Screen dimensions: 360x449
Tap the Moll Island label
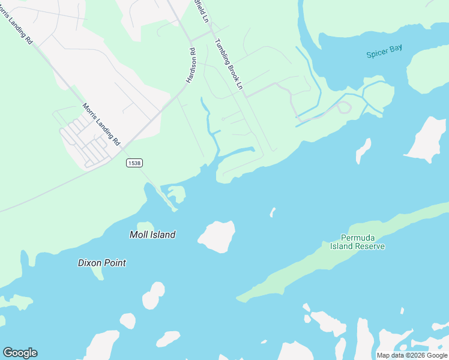152,235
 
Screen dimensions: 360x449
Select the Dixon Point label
102,263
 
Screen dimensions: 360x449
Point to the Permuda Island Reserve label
357,242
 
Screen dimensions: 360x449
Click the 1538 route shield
134,163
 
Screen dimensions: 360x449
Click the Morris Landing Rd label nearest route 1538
101,125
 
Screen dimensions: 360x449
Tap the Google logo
20,353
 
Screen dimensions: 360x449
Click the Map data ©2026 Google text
412,355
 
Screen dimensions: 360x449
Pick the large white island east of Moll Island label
217,236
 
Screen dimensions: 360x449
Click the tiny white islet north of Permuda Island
273,212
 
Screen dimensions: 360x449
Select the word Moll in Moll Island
139,235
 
